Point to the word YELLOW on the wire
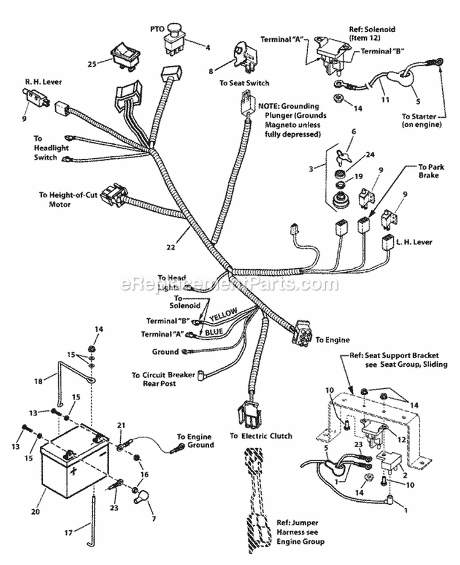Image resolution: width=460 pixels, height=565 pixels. point(223,315)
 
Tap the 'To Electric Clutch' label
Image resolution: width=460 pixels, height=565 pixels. point(261,436)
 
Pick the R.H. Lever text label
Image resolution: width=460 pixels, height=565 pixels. point(44,81)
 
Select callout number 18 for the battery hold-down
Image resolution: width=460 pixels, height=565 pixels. point(38,381)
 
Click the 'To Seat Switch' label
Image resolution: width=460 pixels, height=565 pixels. point(248,83)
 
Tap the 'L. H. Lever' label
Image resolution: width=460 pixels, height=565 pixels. point(415,242)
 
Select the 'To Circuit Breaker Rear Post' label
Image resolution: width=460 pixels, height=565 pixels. point(162,380)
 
